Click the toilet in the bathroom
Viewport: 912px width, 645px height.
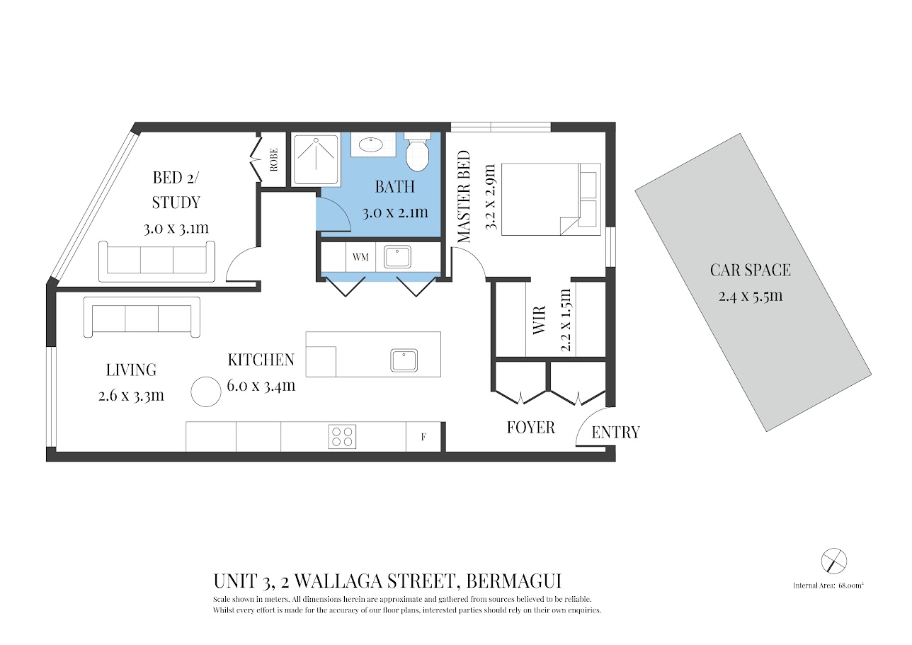417,152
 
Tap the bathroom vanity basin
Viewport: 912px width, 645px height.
372,145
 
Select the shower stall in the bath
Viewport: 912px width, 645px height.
316,159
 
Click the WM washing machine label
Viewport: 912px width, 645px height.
360,257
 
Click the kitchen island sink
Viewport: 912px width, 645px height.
404,360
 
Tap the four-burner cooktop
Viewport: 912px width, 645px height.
342,436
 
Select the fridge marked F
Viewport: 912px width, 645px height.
423,437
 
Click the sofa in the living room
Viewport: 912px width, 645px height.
142,317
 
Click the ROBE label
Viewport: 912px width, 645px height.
273,161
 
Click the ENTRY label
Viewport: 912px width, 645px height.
615,433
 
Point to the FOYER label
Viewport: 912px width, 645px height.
530,428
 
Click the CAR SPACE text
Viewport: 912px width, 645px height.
751,270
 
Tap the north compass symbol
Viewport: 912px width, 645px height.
834,561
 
